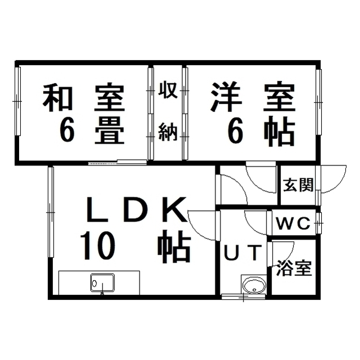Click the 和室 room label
[84, 98]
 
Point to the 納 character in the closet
[168, 132]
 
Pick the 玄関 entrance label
[298, 185]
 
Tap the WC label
[293, 223]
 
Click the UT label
[243, 252]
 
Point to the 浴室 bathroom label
[294, 268]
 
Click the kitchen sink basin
[102, 283]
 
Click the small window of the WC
[319, 223]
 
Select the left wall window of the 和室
[18, 101]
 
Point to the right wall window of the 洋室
[318, 102]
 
